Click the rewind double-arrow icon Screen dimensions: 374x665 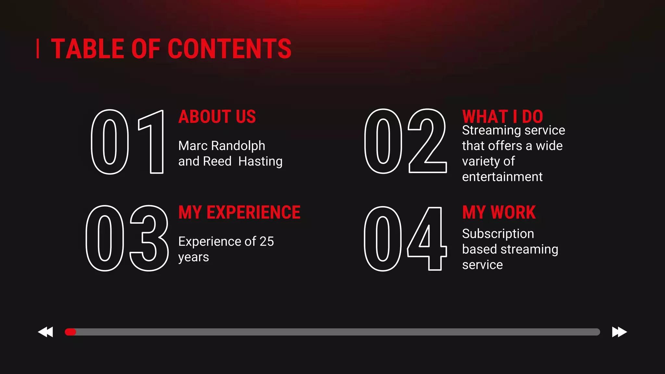[45, 332]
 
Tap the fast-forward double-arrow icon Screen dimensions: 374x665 [619, 332]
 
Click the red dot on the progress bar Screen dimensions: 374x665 [70, 332]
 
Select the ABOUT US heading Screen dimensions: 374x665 [217, 117]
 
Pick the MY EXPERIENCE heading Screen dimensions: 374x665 [239, 212]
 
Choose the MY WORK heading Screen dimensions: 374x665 [499, 212]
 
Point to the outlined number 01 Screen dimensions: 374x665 [127, 142]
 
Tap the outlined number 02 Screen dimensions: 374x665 [405, 141]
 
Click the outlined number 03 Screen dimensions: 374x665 [127, 238]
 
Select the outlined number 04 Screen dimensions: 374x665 [405, 239]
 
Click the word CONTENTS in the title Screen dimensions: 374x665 [230, 49]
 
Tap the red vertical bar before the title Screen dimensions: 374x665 [38, 49]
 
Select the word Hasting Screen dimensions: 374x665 [260, 161]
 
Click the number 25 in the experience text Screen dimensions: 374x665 [267, 242]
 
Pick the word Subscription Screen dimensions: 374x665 [498, 234]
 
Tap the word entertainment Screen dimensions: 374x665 [502, 177]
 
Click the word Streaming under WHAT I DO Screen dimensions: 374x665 [492, 131]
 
